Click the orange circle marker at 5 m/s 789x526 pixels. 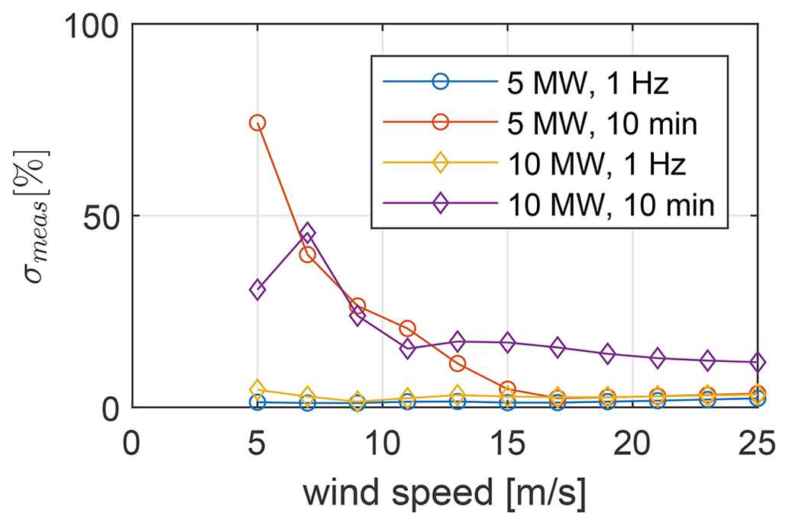coord(257,123)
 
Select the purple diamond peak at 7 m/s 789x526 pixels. coord(307,232)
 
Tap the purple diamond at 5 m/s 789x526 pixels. coord(257,289)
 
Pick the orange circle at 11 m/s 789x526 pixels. coord(407,328)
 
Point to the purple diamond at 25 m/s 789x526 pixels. coord(757,362)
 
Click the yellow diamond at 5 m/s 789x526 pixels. coord(257,390)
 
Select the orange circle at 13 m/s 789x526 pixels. coord(458,363)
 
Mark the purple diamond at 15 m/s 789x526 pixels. coord(507,343)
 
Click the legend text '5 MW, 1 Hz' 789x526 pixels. coord(588,82)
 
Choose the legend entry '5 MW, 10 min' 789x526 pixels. coord(603,124)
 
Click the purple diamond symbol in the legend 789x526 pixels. coord(439,205)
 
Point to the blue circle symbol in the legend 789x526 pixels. coord(439,82)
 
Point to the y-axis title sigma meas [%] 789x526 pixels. coord(34,215)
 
